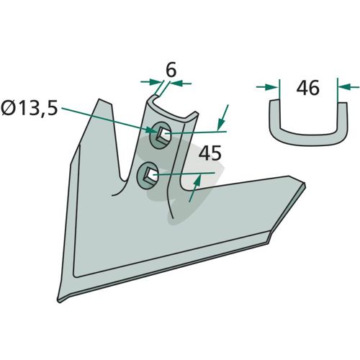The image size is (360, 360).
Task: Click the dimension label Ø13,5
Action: click(x=30, y=108)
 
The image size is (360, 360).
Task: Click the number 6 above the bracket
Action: click(x=171, y=70)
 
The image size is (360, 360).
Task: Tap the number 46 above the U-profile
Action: click(x=307, y=88)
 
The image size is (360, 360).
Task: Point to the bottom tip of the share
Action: click(x=59, y=302)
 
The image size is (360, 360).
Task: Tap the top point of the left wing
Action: click(x=99, y=99)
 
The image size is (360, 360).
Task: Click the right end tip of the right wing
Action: click(x=305, y=184)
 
